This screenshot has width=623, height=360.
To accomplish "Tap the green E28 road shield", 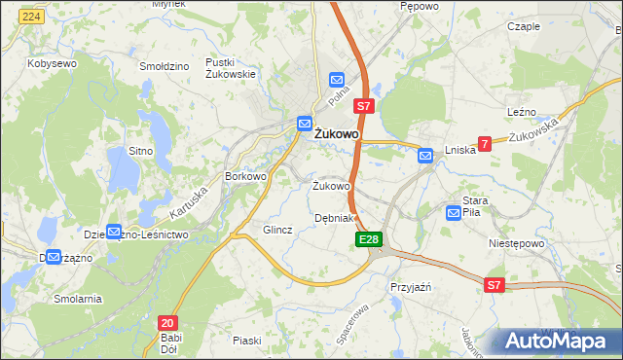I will [368, 239].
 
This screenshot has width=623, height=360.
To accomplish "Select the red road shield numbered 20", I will [167, 322].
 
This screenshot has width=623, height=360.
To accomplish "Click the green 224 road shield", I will [31, 18].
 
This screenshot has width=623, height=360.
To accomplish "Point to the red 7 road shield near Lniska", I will [484, 143].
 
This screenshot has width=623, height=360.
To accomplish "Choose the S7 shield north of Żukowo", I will [363, 105].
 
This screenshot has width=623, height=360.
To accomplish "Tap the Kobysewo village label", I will [53, 62].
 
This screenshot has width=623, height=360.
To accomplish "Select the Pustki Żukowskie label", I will [231, 67].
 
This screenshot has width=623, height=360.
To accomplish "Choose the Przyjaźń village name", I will [410, 288].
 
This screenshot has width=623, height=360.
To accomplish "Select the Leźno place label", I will [522, 113].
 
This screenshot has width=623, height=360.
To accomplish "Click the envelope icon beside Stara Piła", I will [454, 212].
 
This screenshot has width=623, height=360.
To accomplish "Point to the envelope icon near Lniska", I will [425, 154].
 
